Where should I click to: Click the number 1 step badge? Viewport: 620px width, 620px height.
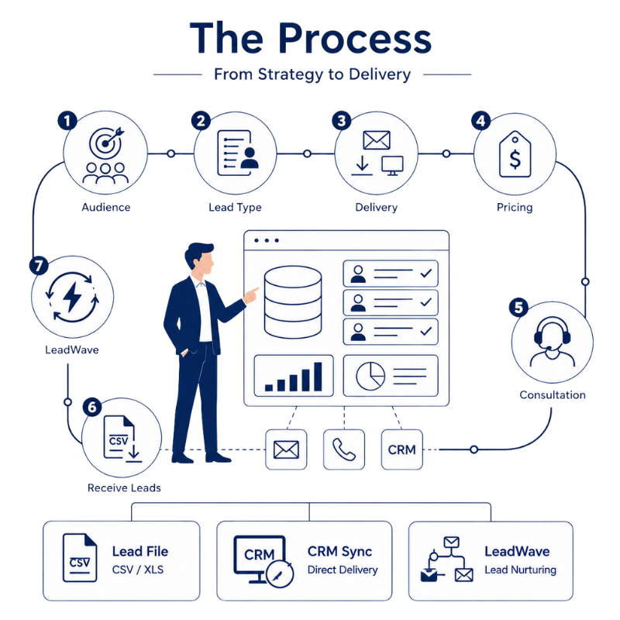67,121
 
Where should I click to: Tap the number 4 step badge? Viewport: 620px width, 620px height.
480,121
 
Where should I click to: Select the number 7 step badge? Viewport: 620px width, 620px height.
39,265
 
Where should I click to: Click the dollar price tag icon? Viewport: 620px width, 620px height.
515,154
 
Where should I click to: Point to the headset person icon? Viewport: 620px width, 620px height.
553,343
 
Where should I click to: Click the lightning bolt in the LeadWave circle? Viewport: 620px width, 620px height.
72,297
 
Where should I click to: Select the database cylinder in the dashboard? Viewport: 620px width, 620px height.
293,302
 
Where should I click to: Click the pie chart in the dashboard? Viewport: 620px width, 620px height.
370,376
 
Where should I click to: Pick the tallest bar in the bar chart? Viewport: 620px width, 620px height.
318,377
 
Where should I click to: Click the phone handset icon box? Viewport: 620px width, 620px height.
344,449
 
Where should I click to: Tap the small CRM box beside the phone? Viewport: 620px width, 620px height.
402,449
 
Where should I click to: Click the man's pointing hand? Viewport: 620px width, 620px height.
250,295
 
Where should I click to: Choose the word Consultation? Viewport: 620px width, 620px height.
553,394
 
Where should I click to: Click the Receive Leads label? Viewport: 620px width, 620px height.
124,488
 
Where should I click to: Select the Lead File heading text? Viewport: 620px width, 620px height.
140,551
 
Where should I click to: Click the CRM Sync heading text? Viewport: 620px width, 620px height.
340,551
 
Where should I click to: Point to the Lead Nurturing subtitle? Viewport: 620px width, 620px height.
520,570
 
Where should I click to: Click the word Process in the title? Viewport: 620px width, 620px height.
355,38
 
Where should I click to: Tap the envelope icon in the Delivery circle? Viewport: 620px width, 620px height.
377,140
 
